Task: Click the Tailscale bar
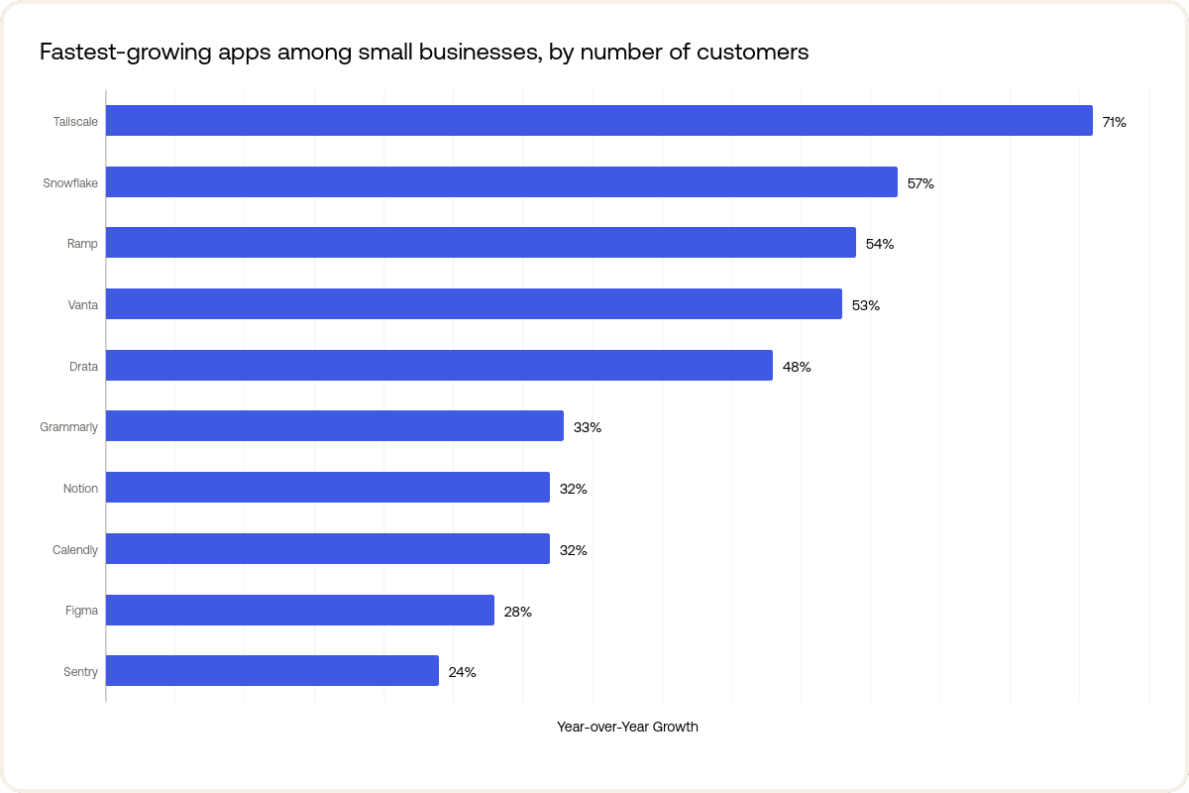coord(598,121)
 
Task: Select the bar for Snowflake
coord(501,182)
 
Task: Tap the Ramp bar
coord(481,243)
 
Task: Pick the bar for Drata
coord(439,366)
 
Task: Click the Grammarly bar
coord(335,426)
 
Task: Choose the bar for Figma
coord(300,611)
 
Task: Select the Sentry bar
coord(272,671)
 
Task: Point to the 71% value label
coord(1114,122)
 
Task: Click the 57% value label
coord(920,183)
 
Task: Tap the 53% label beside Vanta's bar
coord(865,305)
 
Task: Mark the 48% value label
coord(797,367)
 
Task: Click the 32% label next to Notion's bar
coord(573,489)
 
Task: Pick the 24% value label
coord(462,672)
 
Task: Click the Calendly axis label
coord(75,550)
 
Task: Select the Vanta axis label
coord(82,305)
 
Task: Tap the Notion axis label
coord(80,489)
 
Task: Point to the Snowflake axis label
coord(70,183)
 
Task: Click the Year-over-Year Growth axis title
coord(627,727)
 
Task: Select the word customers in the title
coord(758,53)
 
